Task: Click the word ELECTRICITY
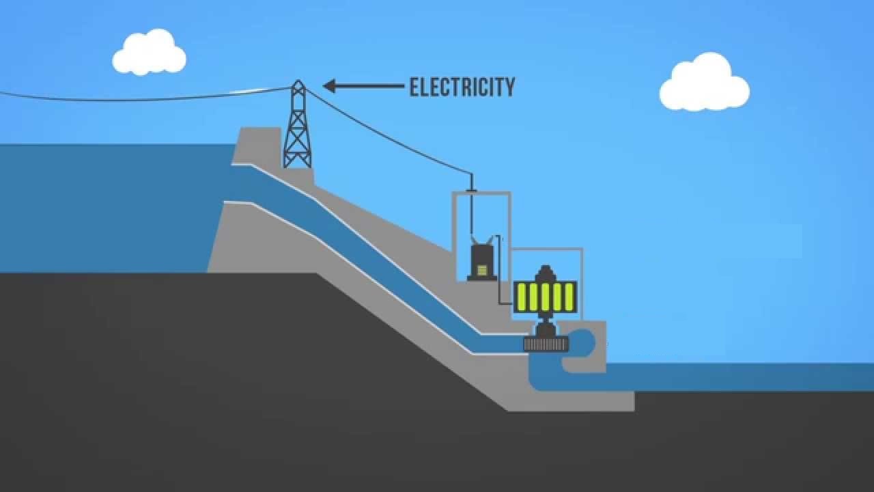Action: (462, 87)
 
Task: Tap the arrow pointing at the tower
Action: (362, 86)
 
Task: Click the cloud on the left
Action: (148, 53)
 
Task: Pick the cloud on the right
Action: (704, 84)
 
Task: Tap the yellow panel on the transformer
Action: (483, 271)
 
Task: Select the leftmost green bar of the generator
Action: (522, 297)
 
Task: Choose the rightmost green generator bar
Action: (569, 297)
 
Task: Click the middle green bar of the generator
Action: (546, 297)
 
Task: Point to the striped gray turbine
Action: (546, 344)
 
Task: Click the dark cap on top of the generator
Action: (545, 273)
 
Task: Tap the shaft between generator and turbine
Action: (545, 326)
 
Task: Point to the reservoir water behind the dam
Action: (102, 205)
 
